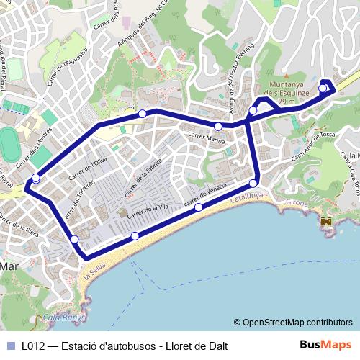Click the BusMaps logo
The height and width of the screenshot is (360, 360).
[325, 345]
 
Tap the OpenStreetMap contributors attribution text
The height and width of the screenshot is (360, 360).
[297, 323]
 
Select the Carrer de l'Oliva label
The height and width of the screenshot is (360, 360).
[88, 165]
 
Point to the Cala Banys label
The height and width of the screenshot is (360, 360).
[65, 317]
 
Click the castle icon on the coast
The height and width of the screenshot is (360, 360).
[327, 222]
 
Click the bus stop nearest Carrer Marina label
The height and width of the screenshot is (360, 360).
[218, 127]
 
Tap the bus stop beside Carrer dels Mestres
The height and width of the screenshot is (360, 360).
[36, 179]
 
